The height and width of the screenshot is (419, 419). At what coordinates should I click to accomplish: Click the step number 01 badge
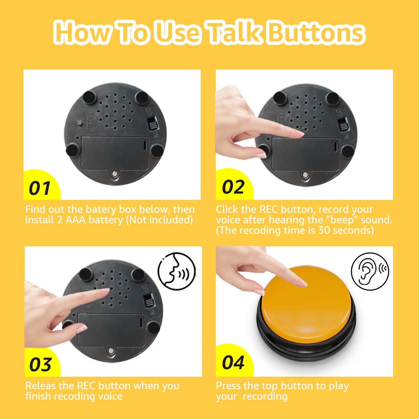(x=40, y=187)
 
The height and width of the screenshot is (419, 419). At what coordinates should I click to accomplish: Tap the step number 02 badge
(x=233, y=186)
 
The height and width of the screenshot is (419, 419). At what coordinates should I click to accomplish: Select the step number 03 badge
(x=41, y=364)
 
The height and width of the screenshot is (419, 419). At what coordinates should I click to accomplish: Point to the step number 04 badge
(x=233, y=362)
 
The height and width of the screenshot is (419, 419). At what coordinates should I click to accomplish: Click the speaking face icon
(x=177, y=271)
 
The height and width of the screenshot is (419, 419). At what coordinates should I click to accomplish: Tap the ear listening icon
(x=370, y=272)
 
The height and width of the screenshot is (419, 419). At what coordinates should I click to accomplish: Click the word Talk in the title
(x=234, y=32)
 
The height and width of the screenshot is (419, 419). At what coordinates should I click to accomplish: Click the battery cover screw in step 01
(x=115, y=174)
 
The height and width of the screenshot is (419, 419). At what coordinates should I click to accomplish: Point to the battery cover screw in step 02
(x=305, y=175)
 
